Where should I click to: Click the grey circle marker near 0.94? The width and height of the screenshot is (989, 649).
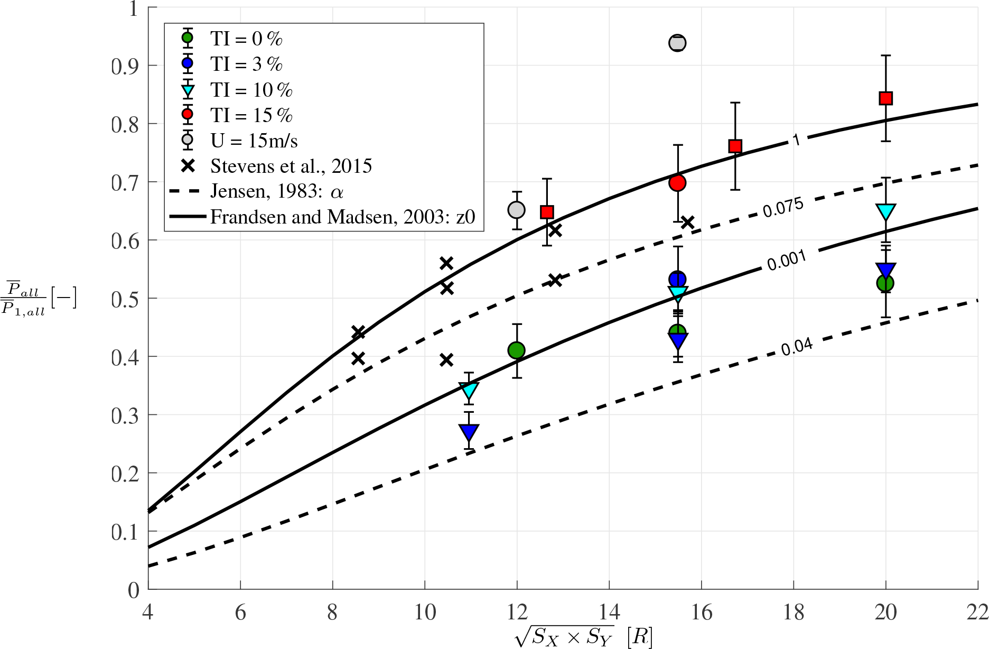677,43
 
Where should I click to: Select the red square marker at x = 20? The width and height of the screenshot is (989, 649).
886,98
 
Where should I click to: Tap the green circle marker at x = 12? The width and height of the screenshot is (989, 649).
516,350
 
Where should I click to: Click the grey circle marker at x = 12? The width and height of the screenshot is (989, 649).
516,210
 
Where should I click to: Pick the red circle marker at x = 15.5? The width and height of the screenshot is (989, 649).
677,183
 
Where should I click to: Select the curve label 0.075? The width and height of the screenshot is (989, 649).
783,207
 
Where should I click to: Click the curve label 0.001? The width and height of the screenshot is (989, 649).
787,260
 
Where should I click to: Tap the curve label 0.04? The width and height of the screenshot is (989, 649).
797,347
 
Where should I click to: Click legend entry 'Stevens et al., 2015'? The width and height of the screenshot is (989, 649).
291,166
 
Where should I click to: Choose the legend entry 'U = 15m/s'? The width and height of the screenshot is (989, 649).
254,141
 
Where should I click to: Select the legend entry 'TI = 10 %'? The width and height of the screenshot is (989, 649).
251,90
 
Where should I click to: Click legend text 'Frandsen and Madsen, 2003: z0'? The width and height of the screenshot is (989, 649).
343,217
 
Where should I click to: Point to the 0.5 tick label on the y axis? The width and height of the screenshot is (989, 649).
126,299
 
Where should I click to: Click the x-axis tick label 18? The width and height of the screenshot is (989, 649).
794,613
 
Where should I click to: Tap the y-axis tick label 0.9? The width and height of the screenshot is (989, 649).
126,67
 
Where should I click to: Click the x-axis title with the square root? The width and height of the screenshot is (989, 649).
583,636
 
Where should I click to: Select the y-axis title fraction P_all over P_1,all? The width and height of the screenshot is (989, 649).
24,298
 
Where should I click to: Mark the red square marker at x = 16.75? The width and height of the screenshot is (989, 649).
735,146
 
